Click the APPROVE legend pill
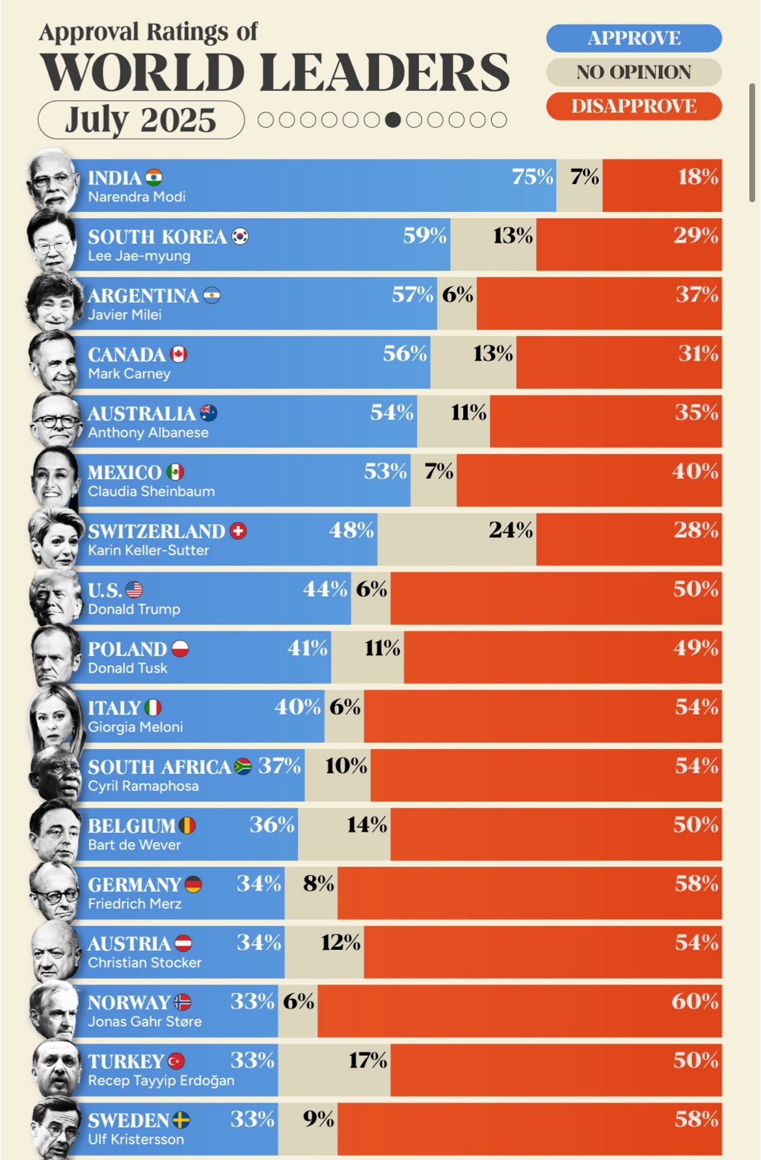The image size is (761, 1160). [634, 38]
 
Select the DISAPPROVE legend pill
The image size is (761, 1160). [634, 106]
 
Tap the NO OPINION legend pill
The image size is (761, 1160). [634, 72]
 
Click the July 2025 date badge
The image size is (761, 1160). [140, 120]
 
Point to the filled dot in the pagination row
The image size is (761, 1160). [392, 120]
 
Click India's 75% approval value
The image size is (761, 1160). [532, 177]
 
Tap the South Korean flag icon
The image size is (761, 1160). [240, 236]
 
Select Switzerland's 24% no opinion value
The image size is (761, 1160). [511, 531]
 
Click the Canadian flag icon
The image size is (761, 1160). [178, 354]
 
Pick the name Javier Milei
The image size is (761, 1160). [125, 315]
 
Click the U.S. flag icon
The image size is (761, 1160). [134, 590]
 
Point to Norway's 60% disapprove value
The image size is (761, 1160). [695, 1001]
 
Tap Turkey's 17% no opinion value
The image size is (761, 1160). [367, 1061]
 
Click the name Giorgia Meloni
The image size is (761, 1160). [135, 727]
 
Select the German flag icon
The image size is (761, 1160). [193, 884]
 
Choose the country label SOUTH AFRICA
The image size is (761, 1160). [159, 767]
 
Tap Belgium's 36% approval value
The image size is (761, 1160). [272, 824]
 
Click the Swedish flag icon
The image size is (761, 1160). [181, 1120]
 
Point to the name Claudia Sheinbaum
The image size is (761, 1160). [152, 492]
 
